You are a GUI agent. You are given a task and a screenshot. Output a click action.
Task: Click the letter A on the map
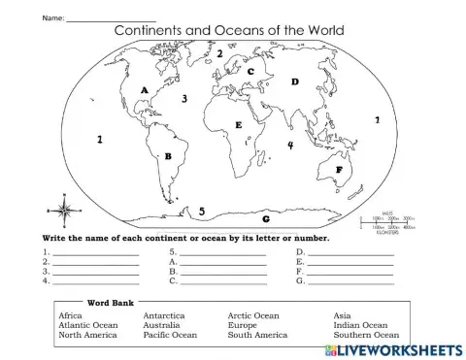point(145,90)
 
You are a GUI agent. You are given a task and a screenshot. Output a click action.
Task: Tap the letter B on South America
point(169,155)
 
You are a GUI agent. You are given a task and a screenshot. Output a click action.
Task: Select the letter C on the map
point(250,72)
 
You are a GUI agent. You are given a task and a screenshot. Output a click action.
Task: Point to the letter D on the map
point(295,82)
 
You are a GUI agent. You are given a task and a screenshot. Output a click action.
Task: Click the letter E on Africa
point(238,126)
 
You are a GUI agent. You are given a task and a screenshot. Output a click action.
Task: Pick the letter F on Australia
point(339,170)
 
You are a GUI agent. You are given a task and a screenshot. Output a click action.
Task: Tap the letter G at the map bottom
point(265,219)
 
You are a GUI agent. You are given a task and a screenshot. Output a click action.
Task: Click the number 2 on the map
point(220,54)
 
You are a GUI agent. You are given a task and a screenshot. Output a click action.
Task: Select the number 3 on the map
point(184,99)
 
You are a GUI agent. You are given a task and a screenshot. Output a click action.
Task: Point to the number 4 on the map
point(289,146)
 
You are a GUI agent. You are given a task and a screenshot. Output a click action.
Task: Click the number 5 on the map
point(201,212)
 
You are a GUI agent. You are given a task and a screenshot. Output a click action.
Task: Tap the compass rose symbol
point(64,210)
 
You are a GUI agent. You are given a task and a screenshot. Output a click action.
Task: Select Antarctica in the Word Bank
point(164,315)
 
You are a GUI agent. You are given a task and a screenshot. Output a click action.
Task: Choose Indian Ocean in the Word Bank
point(360,325)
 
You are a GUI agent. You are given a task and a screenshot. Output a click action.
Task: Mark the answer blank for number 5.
point(223,252)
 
